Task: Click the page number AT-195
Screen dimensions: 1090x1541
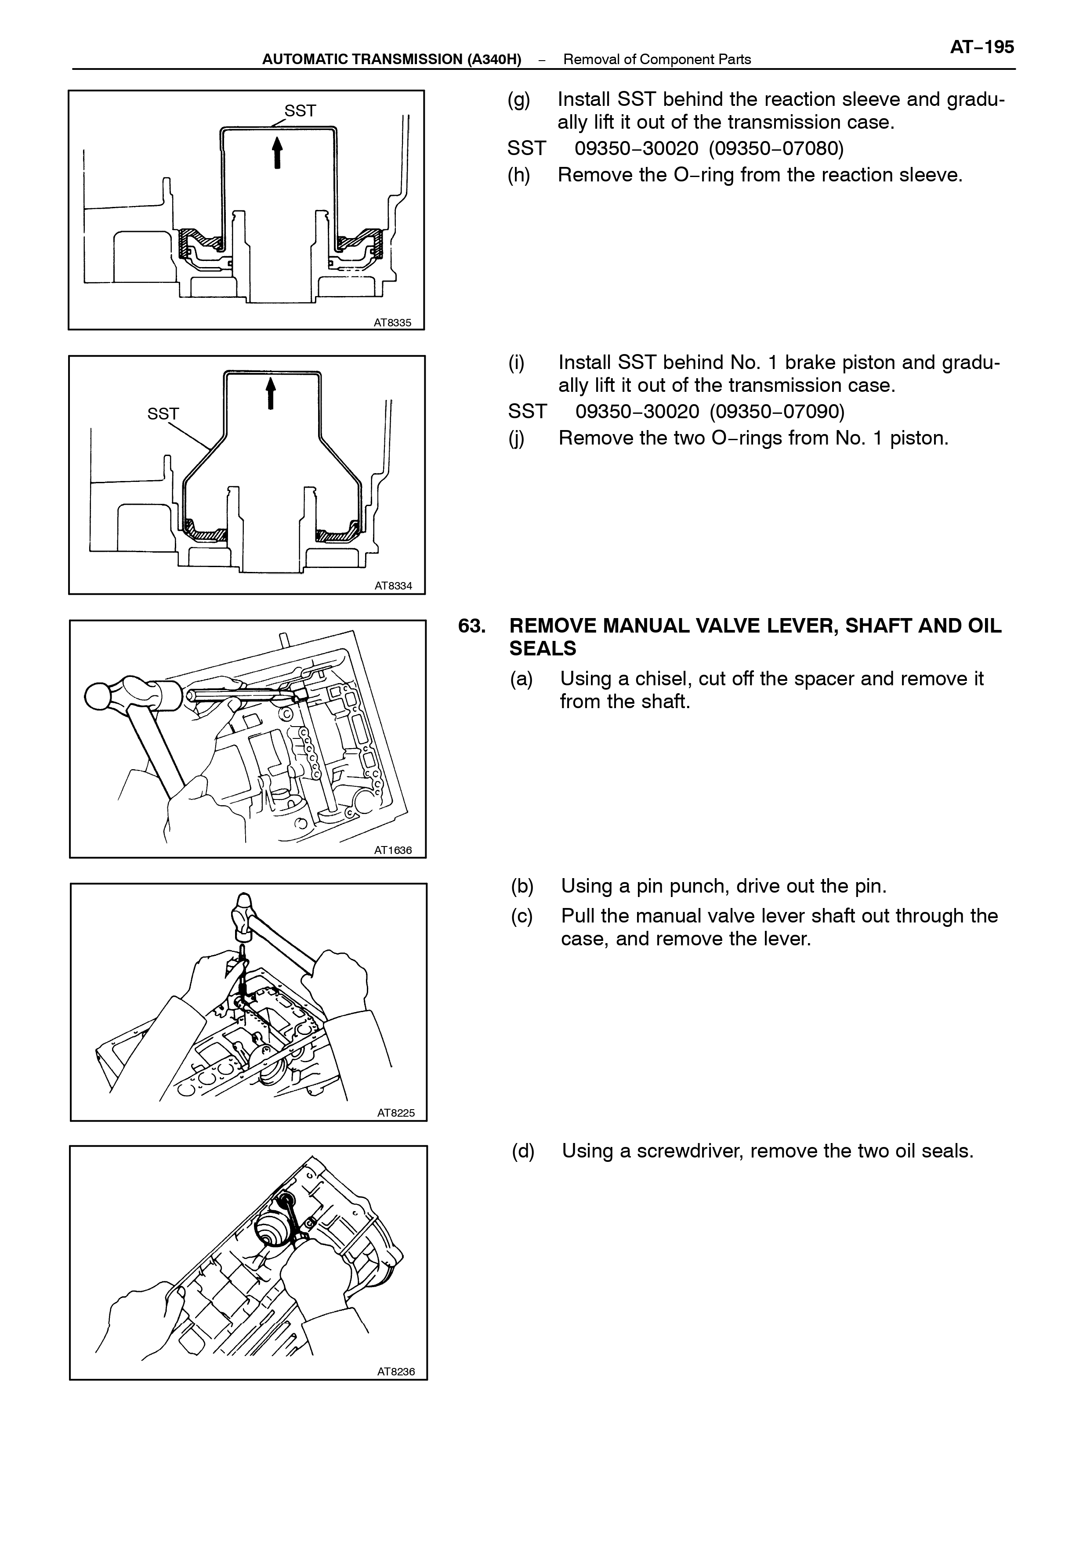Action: (x=982, y=47)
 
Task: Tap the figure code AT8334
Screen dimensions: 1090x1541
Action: (x=393, y=586)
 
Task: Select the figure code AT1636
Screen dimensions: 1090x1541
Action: (x=393, y=850)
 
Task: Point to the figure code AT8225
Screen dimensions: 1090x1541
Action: (x=396, y=1113)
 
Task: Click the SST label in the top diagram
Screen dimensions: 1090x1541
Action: (x=300, y=111)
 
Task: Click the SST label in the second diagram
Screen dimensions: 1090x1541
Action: (x=163, y=414)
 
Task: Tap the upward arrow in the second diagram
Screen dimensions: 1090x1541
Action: (x=271, y=393)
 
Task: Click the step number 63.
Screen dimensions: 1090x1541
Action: (x=472, y=626)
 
